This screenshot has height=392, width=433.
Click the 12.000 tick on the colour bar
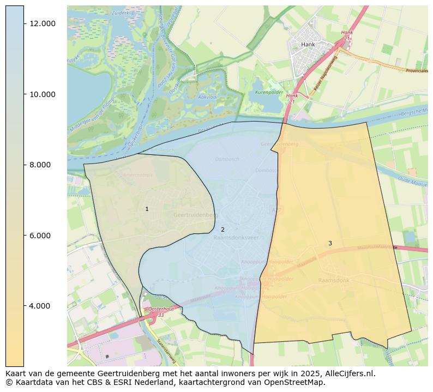coord(43,23)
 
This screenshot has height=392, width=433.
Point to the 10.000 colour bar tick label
coord(43,94)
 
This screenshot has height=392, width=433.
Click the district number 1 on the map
coord(147,209)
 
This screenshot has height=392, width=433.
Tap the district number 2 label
coord(222,230)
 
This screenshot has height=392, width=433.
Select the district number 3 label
coord(330,244)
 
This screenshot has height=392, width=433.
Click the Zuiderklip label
coord(123,12)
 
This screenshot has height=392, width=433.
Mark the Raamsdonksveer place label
coord(236,238)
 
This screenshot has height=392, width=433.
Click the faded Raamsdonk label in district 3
coord(333,280)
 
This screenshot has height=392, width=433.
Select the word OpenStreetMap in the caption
coord(298,382)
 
